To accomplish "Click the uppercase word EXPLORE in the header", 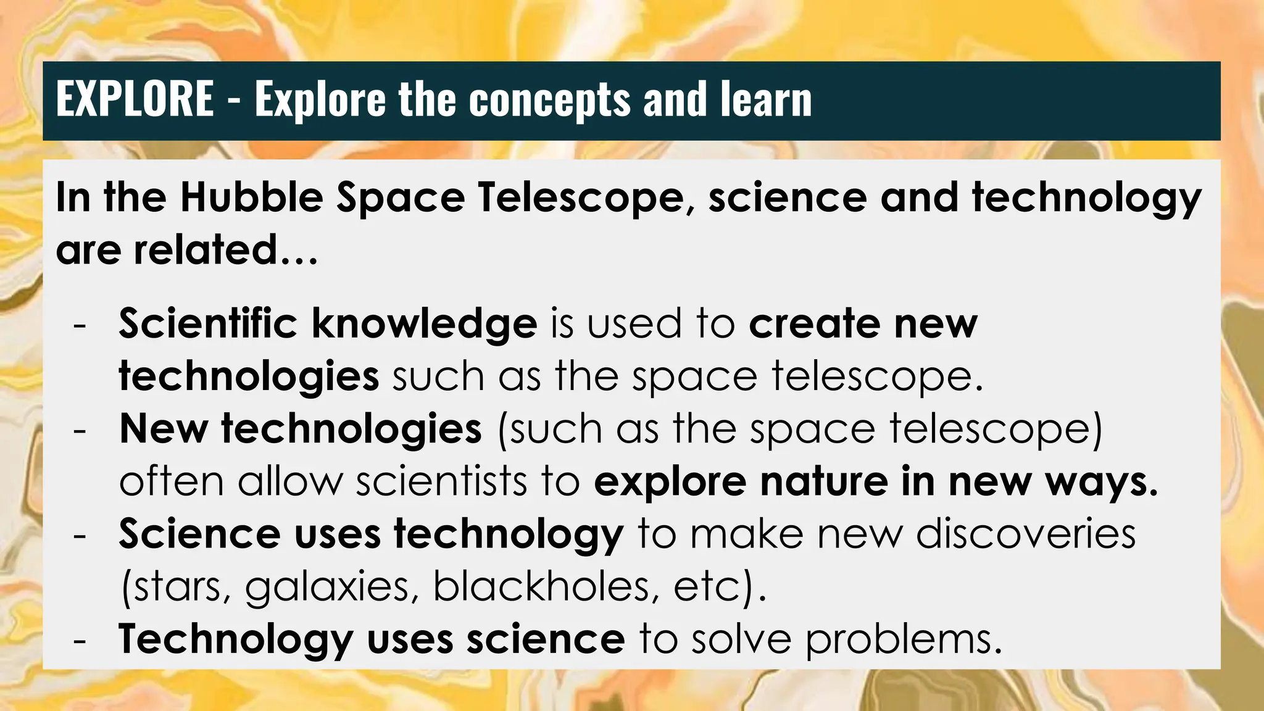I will pyautogui.click(x=135, y=99).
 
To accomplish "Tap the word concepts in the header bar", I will pyautogui.click(x=550, y=100).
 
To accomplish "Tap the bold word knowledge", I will pyautogui.click(x=424, y=325).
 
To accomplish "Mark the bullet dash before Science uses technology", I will pyautogui.click(x=79, y=535).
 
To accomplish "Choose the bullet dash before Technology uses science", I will pyautogui.click(x=79, y=640).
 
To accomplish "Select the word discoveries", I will pyautogui.click(x=1025, y=534).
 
